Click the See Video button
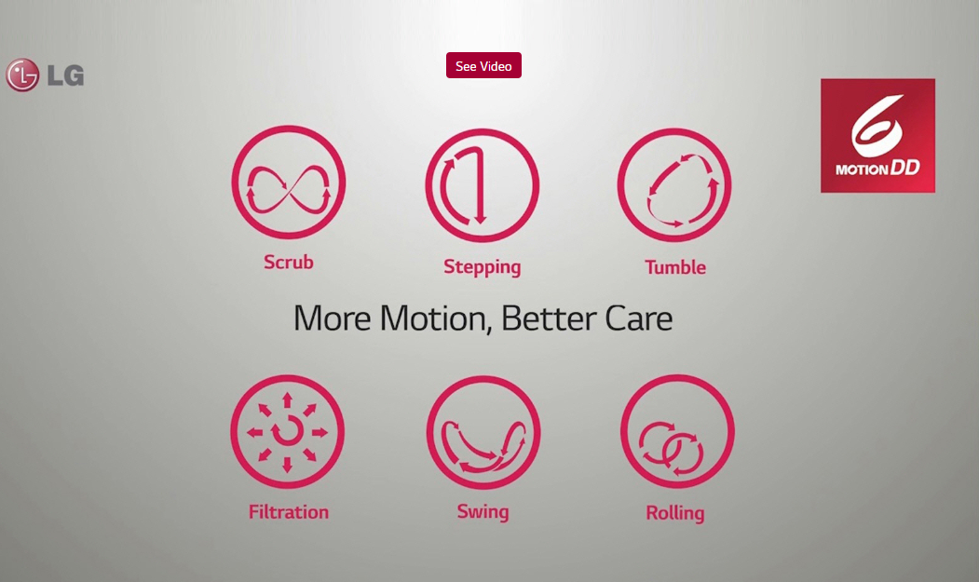(483, 65)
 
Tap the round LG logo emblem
(22, 75)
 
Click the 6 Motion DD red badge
(877, 136)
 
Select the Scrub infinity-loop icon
(289, 182)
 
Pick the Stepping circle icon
(482, 185)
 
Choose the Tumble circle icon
(674, 184)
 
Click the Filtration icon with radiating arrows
(287, 431)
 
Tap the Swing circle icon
(483, 432)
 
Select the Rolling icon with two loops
(677, 431)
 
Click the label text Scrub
(289, 263)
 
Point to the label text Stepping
(482, 267)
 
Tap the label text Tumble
(675, 267)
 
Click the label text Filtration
(289, 512)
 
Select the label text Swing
(483, 512)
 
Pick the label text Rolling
(675, 513)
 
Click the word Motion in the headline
(433, 318)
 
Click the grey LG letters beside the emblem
(65, 75)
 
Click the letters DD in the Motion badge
(904, 168)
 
